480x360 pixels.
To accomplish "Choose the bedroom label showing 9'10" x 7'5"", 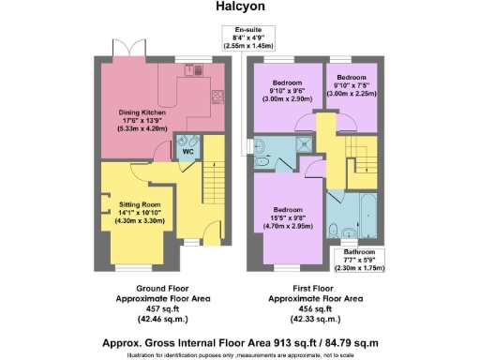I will [x=351, y=85].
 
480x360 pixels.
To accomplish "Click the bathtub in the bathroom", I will [x=360, y=207].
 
